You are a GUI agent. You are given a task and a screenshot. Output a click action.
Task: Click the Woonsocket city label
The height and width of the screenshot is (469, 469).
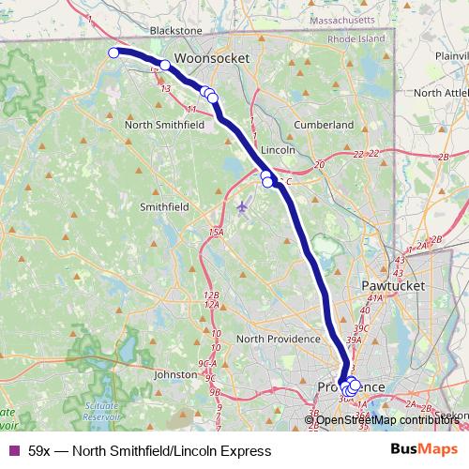click(x=211, y=57)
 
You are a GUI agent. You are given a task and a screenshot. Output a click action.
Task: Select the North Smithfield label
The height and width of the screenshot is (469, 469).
click(x=170, y=123)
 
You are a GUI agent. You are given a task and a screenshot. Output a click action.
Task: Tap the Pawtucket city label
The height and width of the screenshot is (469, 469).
click(x=392, y=284)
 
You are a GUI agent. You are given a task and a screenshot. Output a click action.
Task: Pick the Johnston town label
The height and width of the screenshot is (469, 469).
click(x=175, y=373)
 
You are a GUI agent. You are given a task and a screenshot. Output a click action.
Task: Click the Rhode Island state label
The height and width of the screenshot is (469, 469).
click(x=356, y=38)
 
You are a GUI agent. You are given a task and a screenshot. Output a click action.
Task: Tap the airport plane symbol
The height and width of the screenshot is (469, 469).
click(x=244, y=205)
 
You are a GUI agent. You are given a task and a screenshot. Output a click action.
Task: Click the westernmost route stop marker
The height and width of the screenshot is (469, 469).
click(x=113, y=53)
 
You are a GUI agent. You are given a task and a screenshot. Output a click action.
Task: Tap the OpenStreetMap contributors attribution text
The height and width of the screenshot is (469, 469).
click(x=388, y=419)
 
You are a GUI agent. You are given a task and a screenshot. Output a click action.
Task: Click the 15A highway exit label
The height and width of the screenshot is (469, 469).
click(x=217, y=231)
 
